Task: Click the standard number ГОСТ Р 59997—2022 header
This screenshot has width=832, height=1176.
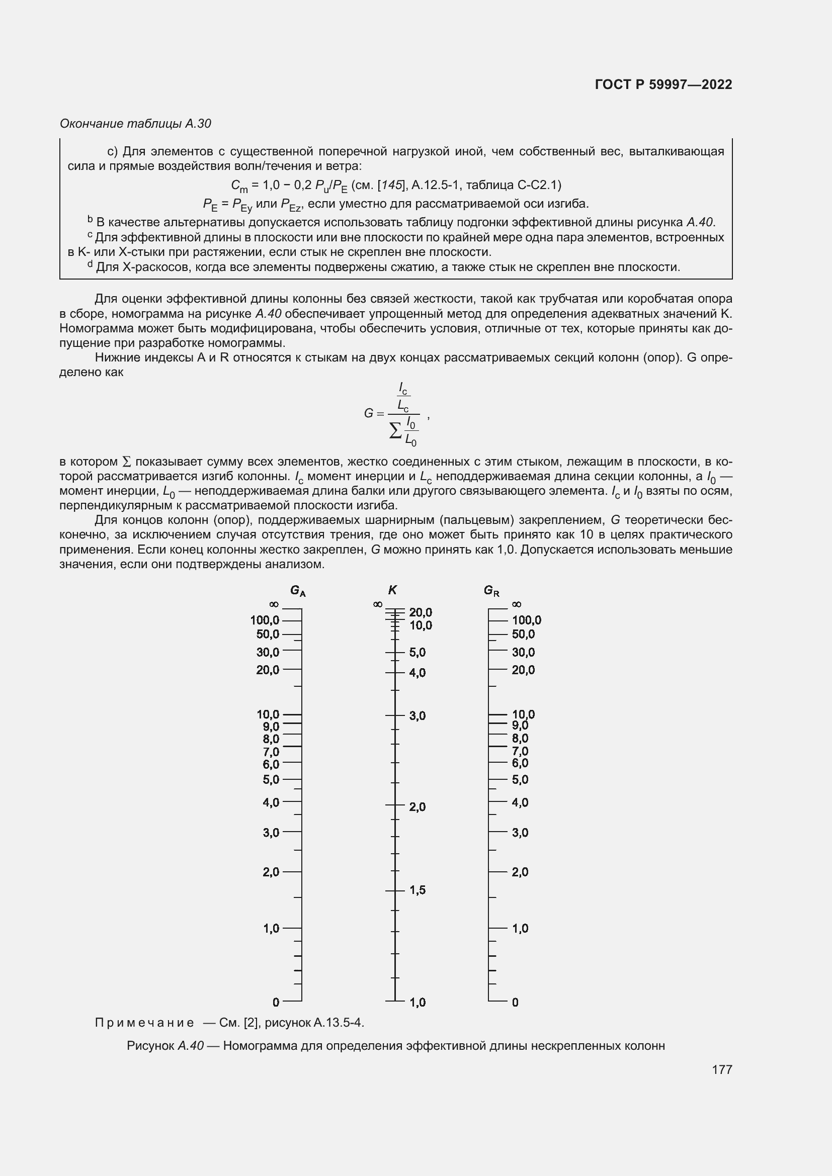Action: coord(663,84)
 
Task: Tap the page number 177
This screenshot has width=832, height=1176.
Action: coord(721,1069)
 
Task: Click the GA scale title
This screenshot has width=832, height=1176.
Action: coord(298,591)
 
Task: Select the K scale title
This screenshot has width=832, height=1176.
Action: coord(392,590)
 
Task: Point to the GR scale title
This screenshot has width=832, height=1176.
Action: coord(491,591)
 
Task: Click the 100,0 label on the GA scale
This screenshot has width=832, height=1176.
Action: coord(265,620)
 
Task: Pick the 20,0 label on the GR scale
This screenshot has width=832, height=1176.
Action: coord(523,669)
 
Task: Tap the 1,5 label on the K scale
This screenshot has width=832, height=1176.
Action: coord(418,890)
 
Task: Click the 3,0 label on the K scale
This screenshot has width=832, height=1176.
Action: coord(418,715)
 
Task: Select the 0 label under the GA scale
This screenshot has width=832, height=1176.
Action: coord(276,1002)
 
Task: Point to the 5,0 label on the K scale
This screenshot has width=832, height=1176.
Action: coord(418,653)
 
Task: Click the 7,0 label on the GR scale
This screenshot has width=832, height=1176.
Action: coord(520,751)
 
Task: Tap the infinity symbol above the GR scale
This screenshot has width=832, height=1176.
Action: coord(517,605)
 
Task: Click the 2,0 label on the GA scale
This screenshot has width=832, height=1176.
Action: coord(271,872)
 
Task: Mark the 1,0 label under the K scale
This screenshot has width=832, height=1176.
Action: coord(418,1003)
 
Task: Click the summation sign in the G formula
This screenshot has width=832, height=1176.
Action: coord(395,431)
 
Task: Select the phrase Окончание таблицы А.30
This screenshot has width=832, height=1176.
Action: coord(135,124)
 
